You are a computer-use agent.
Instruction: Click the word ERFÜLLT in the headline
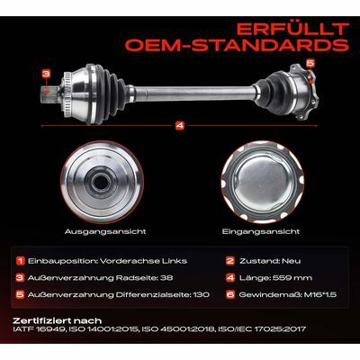tap(292, 30)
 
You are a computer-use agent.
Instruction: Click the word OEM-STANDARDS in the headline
tap(237, 45)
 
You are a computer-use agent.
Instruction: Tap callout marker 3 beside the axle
tap(46, 74)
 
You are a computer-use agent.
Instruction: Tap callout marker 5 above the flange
tap(310, 63)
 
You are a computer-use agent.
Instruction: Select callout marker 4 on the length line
tap(180, 126)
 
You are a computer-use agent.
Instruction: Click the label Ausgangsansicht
tap(105, 231)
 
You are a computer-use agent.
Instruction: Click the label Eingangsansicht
tap(261, 231)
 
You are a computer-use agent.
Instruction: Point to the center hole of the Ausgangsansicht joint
tap(101, 182)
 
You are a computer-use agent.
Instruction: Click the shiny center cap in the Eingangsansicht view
tap(261, 182)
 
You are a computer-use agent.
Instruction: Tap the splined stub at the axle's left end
tap(50, 94)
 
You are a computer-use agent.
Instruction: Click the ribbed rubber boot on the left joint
tap(111, 93)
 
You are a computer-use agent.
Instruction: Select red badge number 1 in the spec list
tap(20, 261)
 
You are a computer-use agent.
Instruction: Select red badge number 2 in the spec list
tap(230, 261)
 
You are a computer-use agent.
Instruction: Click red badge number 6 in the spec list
tap(230, 294)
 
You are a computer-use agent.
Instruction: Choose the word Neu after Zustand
tap(291, 261)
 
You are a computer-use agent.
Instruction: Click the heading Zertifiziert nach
tap(57, 320)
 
